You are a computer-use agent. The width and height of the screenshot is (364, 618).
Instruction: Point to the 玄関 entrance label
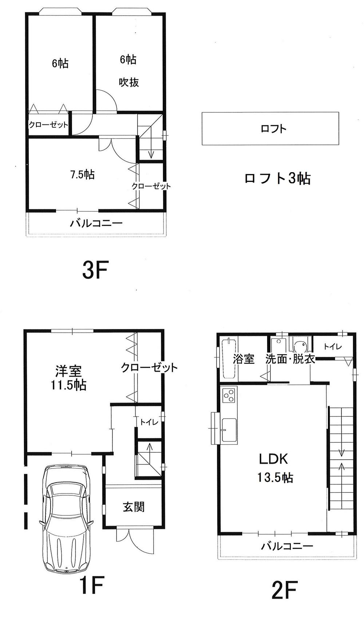[134, 507]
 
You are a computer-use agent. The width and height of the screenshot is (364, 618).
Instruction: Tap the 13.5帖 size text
[275, 477]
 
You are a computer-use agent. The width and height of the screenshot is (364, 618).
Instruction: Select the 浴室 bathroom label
[244, 359]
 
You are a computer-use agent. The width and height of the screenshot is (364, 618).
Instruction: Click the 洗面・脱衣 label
[290, 359]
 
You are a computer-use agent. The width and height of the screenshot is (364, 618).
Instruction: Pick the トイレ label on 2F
[333, 347]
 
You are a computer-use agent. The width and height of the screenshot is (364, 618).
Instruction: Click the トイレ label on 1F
[149, 422]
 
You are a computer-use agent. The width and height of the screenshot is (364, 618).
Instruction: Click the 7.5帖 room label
[82, 175]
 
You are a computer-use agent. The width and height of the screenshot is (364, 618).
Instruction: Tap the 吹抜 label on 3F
[129, 82]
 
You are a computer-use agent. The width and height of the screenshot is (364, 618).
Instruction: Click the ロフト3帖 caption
[277, 178]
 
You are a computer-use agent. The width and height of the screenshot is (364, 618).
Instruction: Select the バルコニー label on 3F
[96, 223]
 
